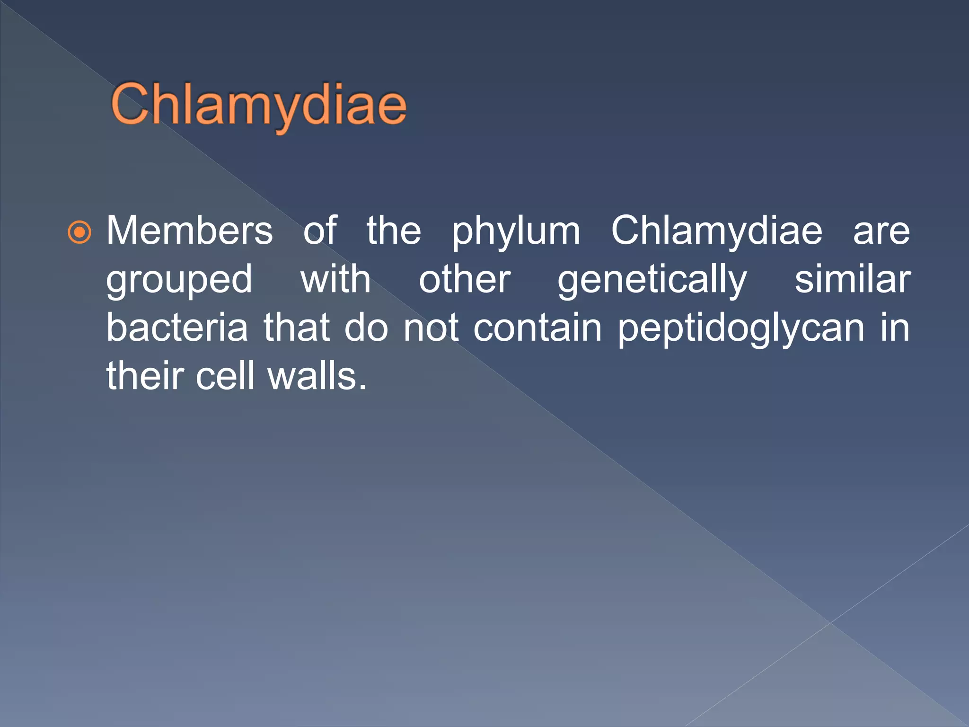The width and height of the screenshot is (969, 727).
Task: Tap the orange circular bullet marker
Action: (79, 232)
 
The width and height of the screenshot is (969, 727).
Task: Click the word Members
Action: (189, 231)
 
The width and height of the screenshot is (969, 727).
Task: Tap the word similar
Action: (852, 279)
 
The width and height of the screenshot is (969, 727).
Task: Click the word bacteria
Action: (177, 328)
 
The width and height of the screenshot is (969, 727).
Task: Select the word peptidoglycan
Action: (741, 329)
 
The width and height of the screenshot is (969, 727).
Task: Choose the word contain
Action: (537, 328)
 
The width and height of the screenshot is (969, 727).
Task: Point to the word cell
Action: (225, 376)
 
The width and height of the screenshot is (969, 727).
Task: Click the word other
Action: (465, 279)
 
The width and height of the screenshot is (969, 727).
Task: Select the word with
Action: (335, 279)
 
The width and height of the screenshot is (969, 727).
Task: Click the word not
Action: (431, 328)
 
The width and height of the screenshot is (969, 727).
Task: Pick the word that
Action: (296, 328)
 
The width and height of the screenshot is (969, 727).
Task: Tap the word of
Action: (320, 231)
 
